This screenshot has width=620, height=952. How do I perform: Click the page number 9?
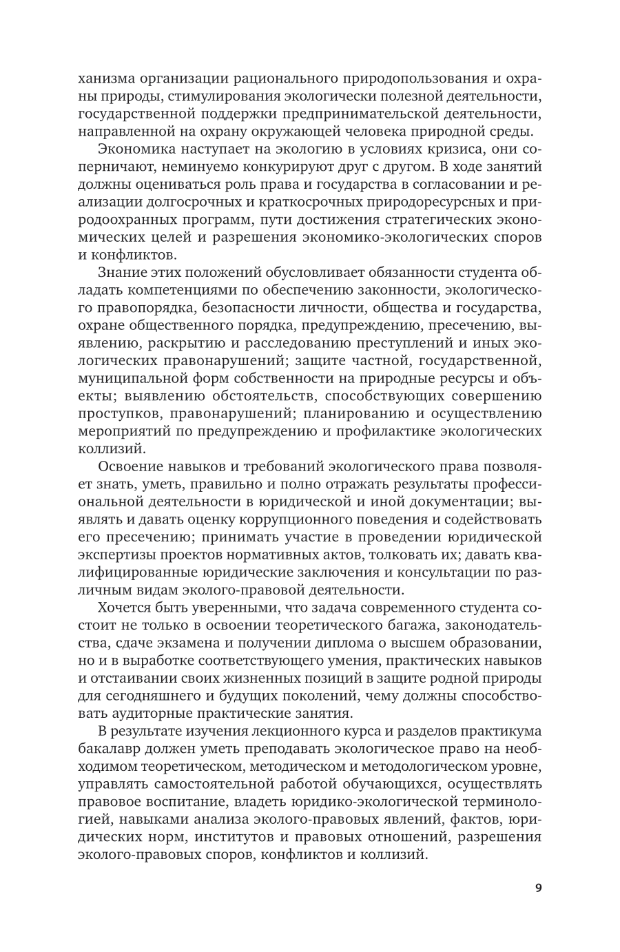538,887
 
